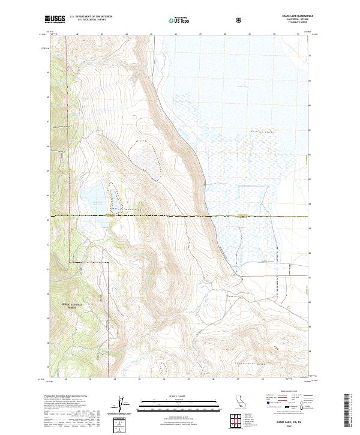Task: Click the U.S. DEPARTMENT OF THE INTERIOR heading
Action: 94,16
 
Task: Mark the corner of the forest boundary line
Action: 109,262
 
